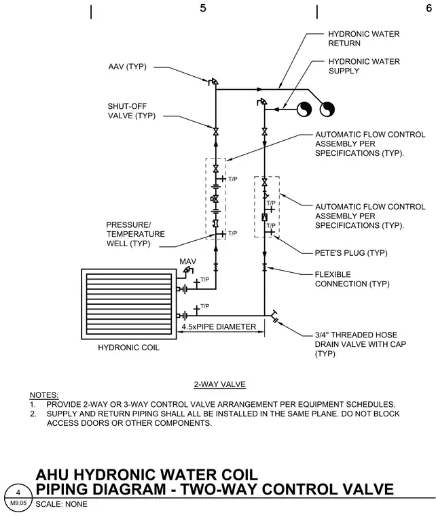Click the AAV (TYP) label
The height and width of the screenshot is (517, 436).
coord(128,67)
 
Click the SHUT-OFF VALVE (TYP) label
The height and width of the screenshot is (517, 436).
coord(131,111)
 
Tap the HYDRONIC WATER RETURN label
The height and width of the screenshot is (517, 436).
coord(363,39)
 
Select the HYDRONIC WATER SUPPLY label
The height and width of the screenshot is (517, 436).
coord(364,66)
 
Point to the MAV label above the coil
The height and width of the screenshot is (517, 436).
coord(188,261)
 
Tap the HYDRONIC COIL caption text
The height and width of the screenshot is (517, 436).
coord(128,348)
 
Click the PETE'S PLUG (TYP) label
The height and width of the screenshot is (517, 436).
coord(351,253)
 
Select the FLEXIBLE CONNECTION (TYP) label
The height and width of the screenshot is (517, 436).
coord(352,280)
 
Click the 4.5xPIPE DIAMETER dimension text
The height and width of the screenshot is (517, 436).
coord(219,327)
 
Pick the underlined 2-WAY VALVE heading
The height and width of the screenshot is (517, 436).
coord(220,384)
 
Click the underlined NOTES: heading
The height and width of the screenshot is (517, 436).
coord(44,395)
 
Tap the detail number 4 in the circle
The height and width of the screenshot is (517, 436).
coord(18,493)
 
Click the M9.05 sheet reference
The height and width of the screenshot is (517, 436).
coord(18,503)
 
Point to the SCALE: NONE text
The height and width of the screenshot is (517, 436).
coord(62,504)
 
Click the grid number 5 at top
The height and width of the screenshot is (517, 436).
coord(203,8)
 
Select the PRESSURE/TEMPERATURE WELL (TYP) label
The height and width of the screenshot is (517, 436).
coord(135,234)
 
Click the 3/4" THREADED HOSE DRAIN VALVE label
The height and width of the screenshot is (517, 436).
coord(361,344)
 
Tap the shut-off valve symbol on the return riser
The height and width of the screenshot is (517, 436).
coord(216,132)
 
